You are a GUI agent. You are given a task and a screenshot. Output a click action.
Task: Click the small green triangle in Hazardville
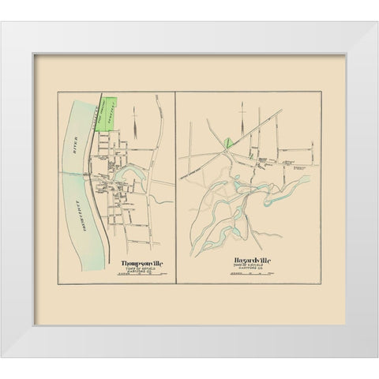click(x=227, y=143)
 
